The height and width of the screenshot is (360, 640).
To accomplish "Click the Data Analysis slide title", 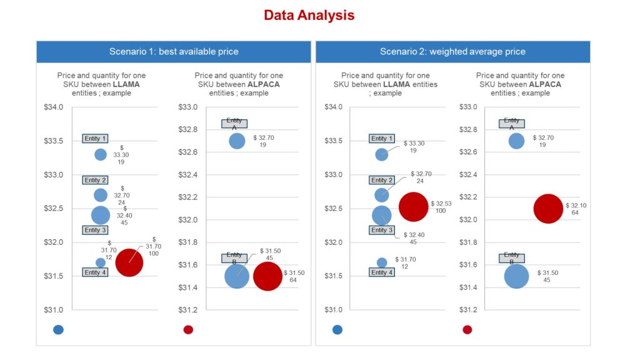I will coord(309,15).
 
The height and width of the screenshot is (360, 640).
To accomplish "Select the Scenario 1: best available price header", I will coord(173,51).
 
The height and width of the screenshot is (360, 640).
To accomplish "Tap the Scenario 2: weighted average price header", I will coord(452,51).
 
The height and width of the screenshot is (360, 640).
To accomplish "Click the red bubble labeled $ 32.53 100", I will coord(413,206).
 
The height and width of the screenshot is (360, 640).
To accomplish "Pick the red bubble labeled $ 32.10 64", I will coord(548,209).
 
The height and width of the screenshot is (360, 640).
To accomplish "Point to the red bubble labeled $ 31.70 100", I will coord(129,263).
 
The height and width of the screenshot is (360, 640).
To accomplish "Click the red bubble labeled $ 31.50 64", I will coord(267,276).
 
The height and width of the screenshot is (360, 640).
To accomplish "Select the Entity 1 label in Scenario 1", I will coord(96,138).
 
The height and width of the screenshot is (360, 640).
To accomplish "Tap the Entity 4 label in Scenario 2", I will coord(382,272).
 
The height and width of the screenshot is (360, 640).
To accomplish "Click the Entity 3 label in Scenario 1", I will coord(96,230).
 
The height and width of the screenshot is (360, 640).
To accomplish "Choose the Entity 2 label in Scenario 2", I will coord(382,180).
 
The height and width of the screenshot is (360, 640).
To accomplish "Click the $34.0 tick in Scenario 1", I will coord(54,107).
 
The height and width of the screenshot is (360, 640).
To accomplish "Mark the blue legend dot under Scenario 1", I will coord(59,329).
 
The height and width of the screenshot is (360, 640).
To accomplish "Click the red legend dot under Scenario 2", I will coord(467,329).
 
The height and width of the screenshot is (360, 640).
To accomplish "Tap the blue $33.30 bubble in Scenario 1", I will coord(101,154).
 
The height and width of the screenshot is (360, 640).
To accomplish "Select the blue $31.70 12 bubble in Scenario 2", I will coord(382,262).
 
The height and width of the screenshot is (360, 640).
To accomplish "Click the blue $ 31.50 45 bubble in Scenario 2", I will coord(516,276).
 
